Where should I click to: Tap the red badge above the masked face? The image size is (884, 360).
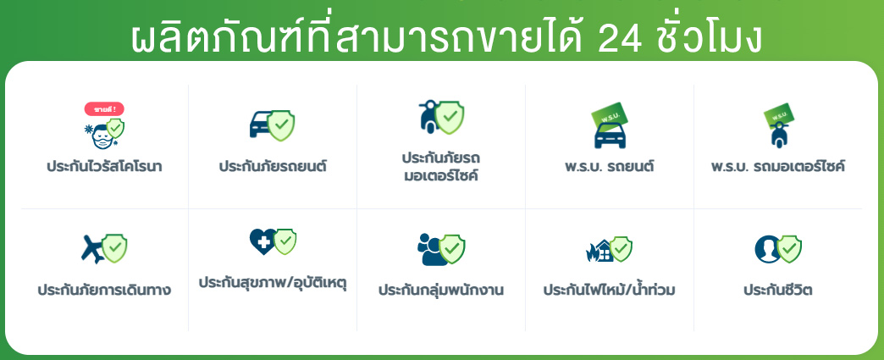104,108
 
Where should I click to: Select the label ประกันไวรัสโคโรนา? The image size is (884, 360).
104,167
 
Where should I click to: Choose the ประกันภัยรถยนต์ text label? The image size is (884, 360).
273,167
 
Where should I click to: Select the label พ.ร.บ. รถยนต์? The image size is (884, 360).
610,167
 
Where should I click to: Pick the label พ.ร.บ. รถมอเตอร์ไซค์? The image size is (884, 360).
778,167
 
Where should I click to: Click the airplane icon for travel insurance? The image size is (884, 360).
93,249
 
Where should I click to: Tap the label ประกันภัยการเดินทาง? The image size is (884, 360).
104,291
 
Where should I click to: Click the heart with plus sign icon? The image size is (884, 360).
262,241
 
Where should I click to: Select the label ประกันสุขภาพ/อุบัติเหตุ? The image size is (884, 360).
273,282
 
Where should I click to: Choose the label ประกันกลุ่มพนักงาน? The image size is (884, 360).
441,291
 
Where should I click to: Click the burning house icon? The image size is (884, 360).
599,251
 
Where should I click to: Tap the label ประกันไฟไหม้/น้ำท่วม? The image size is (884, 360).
610,290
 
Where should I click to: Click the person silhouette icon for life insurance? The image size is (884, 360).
767,249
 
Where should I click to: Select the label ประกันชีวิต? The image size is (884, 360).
778,291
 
